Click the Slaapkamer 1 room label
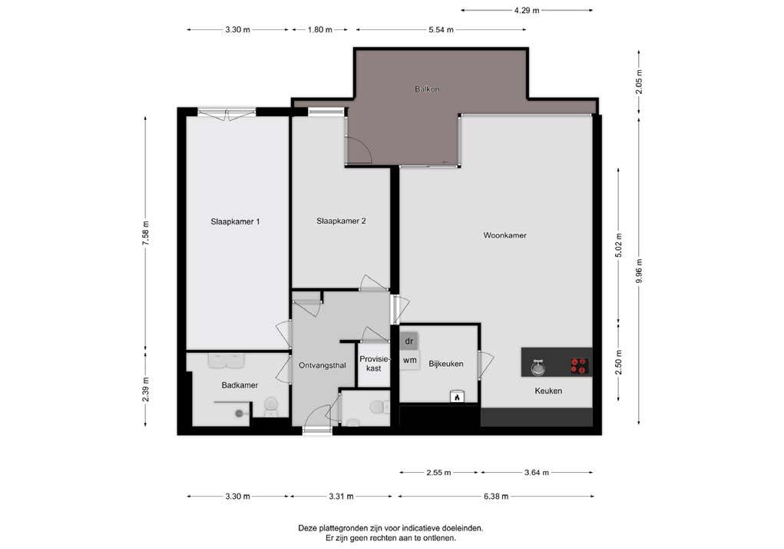pos(235,221)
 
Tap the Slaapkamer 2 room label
pos(341,221)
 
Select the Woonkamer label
pos(504,235)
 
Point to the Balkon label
pos(427,89)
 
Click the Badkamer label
pos(240,385)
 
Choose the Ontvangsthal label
pos(322,365)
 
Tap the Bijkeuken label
pos(446,364)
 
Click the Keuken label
pos(548,391)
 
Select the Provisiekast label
pos(374,364)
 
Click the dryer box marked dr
pos(409,341)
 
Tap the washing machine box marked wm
pos(409,360)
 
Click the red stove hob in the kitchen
pos(580,366)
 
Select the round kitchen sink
pos(538,368)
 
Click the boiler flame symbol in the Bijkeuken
pos(456,396)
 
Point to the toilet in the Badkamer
pos(270,407)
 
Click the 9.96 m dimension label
pos(639,271)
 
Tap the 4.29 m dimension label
pos(527,10)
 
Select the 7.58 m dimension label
pos(145,233)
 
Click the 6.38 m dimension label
pos(496,497)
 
